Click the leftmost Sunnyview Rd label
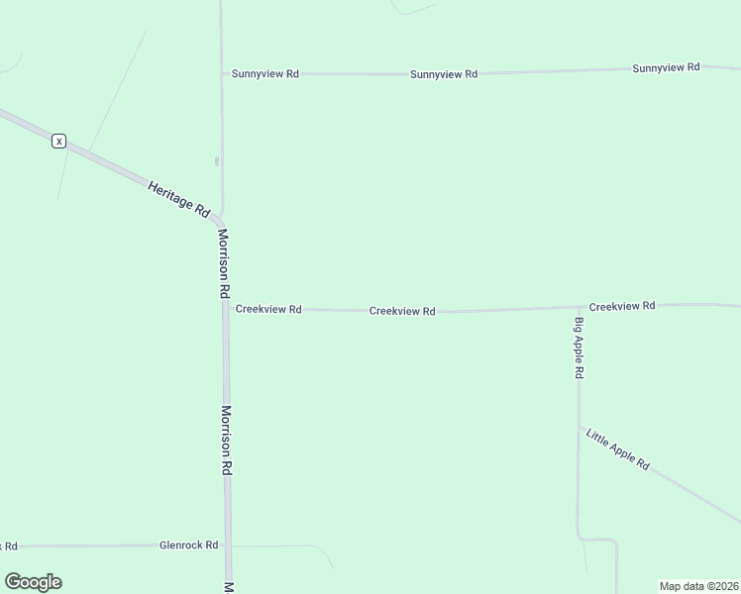tap(265, 73)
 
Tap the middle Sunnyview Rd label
tap(444, 74)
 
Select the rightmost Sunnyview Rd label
tap(666, 67)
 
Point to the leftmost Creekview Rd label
tap(268, 309)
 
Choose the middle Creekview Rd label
tap(402, 311)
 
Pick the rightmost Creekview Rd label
tap(621, 306)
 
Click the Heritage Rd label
tap(179, 198)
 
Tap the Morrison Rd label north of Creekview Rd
tap(224, 264)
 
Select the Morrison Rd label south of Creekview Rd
tap(227, 440)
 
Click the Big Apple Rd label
tap(580, 347)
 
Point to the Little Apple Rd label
tap(617, 449)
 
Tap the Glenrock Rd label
tap(188, 545)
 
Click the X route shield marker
tap(59, 142)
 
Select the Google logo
tap(33, 582)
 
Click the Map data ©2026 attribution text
tap(698, 585)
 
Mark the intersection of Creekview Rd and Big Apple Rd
tap(579, 307)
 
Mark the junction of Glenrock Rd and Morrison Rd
tap(228, 545)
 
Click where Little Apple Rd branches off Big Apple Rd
tap(580, 426)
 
